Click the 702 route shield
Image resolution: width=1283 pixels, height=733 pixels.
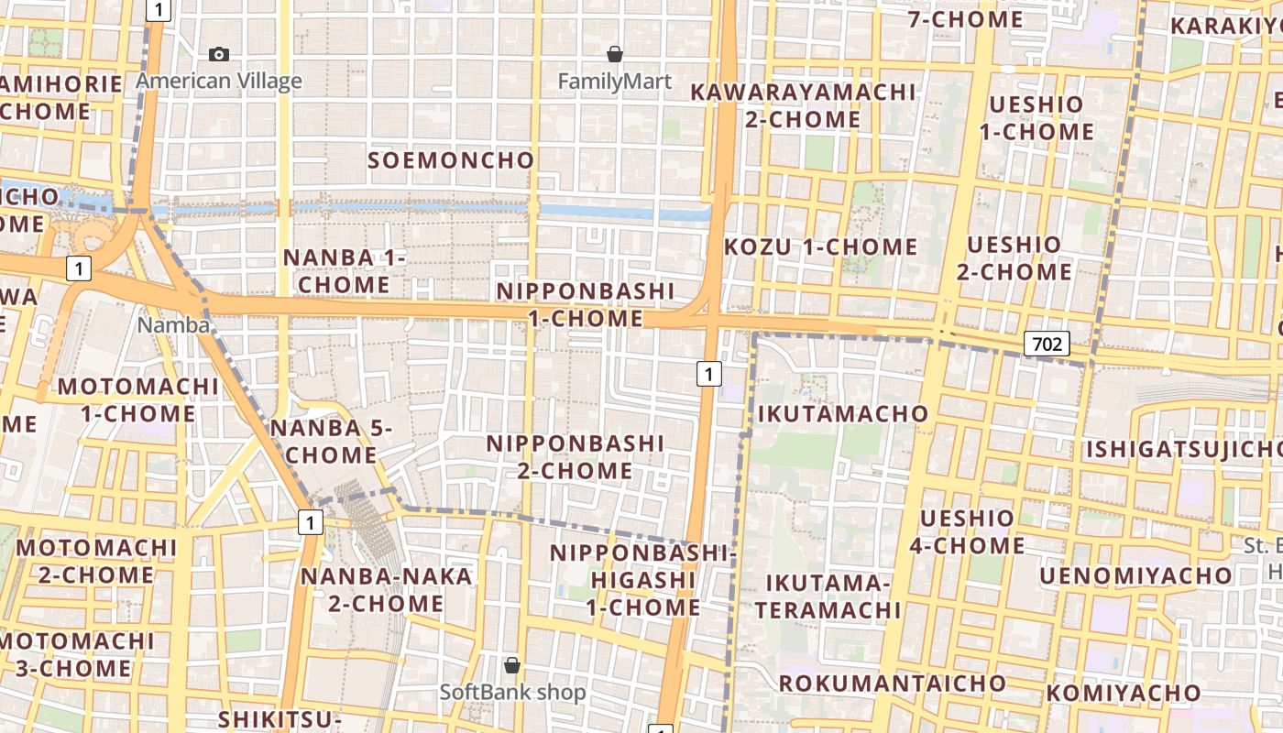coord(1047,344)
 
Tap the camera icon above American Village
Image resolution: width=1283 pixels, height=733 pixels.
coord(219,54)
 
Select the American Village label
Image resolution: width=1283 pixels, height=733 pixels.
coord(219,81)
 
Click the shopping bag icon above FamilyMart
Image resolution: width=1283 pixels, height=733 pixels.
coord(615,54)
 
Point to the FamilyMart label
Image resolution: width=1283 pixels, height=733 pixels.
coord(615,82)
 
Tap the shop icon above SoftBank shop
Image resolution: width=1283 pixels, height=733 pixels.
coord(512,664)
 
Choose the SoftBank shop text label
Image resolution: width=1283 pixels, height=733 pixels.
coord(512,692)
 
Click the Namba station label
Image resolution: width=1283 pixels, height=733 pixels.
coord(173,325)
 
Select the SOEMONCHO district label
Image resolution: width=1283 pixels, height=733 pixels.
coord(451,160)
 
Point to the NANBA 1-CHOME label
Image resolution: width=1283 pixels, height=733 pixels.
coord(345,270)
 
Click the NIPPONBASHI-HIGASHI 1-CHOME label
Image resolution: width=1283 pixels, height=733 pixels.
coord(643,580)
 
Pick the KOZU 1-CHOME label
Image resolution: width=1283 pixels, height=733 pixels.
coord(820,246)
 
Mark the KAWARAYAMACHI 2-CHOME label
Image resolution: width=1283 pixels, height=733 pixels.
coord(803,105)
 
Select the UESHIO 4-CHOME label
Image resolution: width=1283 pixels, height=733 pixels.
coord(967,531)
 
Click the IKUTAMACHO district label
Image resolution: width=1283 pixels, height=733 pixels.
coord(843,414)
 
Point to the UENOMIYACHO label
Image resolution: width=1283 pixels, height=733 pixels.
coord(1135,575)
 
